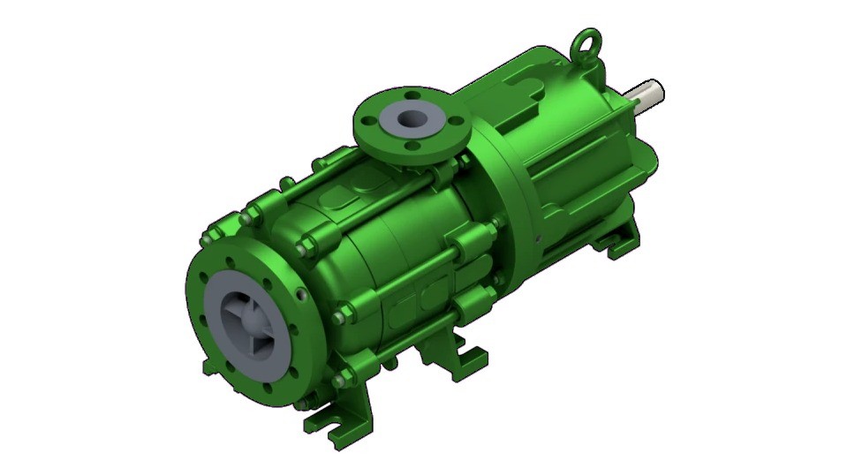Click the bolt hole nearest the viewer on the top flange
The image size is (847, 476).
pyautogui.click(x=400, y=147)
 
